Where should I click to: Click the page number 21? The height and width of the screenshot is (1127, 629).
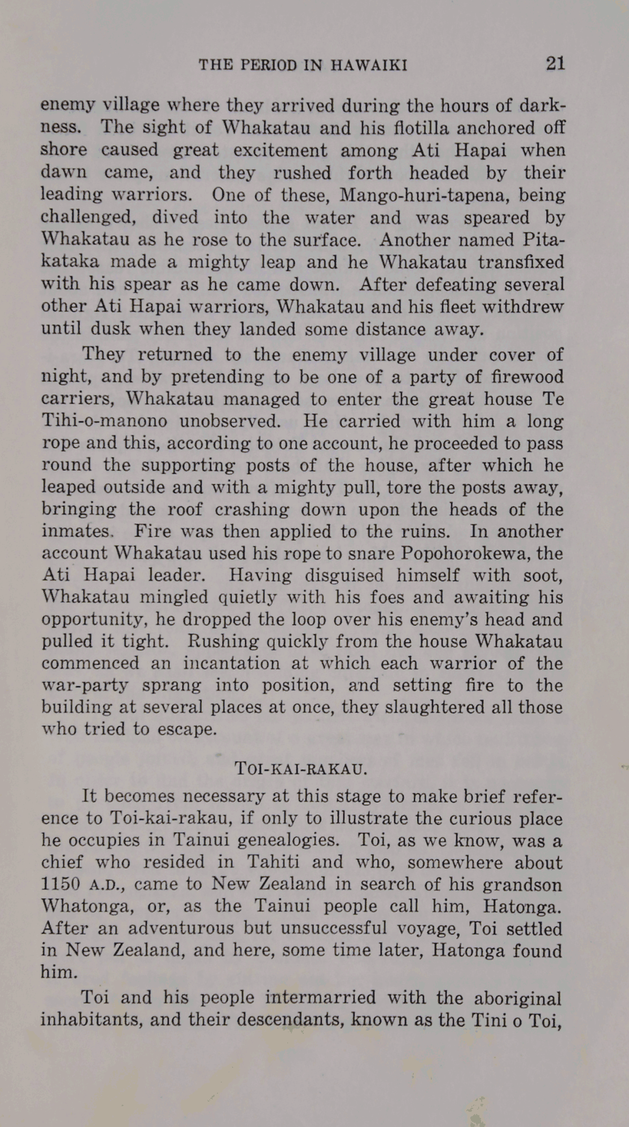555,63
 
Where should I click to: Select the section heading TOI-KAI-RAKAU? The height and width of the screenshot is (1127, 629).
301,769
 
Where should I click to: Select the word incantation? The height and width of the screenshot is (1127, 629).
229,663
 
